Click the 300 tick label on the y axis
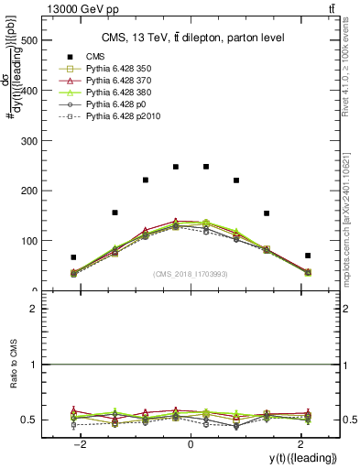[29, 141]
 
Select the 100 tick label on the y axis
[29, 241]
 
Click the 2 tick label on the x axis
[300, 444]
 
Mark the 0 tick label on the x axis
[190, 444]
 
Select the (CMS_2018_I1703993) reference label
[190, 274]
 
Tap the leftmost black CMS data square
[73, 257]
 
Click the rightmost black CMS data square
[308, 256]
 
